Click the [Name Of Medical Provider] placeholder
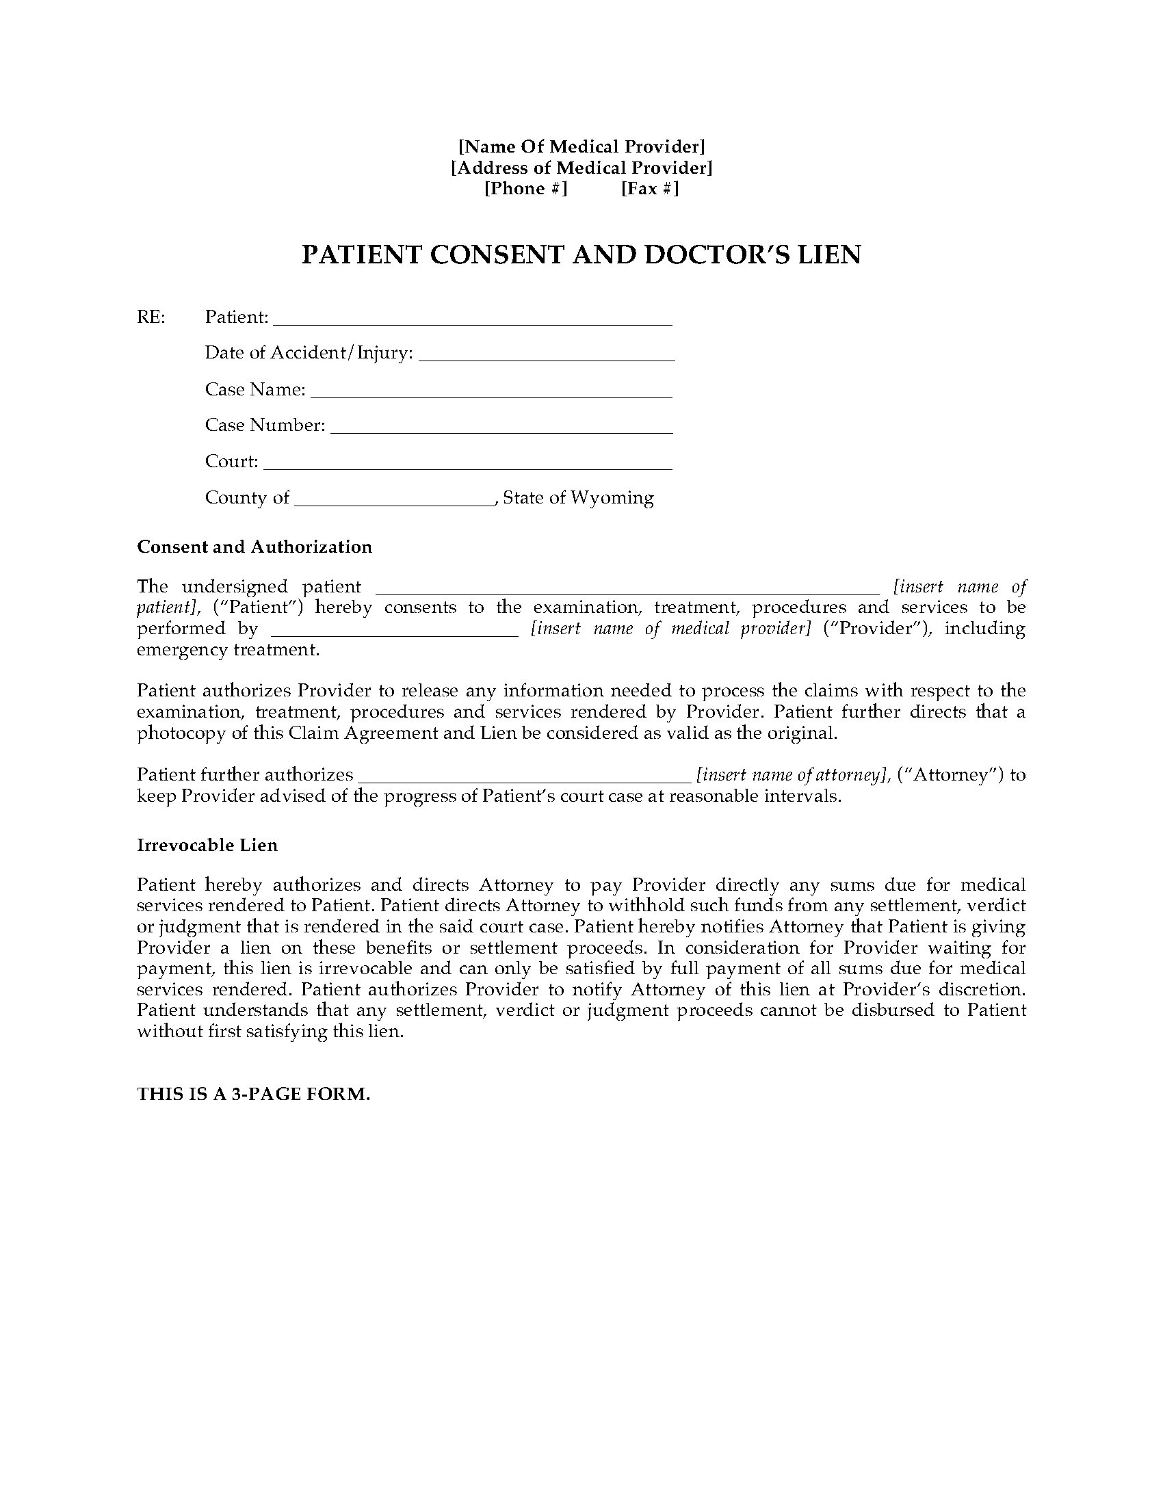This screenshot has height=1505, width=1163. [x=581, y=146]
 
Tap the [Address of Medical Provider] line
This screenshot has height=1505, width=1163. [x=581, y=168]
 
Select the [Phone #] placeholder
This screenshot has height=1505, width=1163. [x=525, y=189]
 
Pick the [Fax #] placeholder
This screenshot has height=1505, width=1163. [x=650, y=189]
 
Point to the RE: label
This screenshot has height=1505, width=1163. [x=151, y=317]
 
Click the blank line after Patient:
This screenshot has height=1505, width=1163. [x=473, y=321]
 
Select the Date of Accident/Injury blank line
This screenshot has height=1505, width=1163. [x=547, y=357]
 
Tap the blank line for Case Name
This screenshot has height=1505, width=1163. [x=491, y=393]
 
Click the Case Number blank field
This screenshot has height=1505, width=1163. [x=501, y=430]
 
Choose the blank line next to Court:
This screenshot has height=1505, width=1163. [x=468, y=465]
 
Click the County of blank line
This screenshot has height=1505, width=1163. [x=395, y=502]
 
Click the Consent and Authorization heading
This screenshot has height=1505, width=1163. [x=254, y=547]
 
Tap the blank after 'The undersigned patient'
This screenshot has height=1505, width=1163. [x=627, y=590]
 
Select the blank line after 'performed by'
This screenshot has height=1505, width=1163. [x=395, y=633]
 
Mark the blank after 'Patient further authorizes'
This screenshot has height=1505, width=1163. [x=525, y=779]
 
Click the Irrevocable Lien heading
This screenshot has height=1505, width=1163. [x=207, y=845]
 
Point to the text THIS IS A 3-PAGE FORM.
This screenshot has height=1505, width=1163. [x=254, y=1094]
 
